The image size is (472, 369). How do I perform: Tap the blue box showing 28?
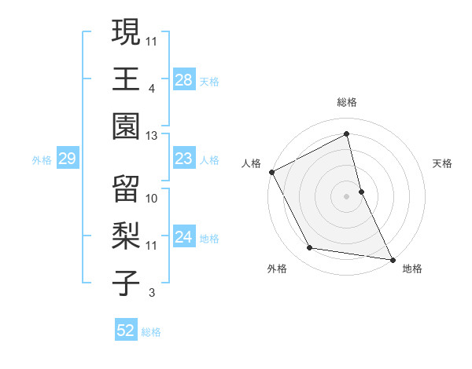tap(184, 79)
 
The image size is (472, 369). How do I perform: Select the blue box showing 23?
tap(184, 159)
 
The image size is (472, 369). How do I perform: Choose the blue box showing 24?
tap(184, 238)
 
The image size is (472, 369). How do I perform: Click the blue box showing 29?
tap(67, 159)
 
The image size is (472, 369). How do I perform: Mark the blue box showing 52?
tap(126, 331)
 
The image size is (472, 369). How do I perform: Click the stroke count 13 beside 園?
tap(152, 136)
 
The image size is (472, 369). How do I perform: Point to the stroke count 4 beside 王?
tap(152, 89)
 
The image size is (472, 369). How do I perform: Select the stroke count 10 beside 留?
tap(152, 199)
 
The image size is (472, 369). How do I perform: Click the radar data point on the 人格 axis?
tap(271, 172)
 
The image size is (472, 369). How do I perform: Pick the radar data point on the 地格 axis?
tap(391, 259)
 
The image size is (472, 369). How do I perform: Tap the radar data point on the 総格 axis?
tap(347, 133)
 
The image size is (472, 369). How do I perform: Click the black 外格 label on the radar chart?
tap(277, 269)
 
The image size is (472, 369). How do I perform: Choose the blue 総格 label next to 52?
tap(151, 332)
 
